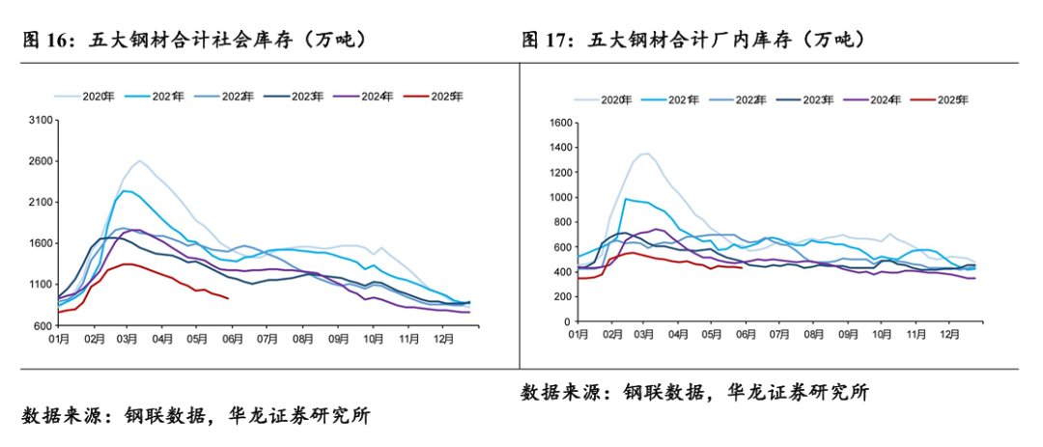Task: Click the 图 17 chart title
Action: point(692,40)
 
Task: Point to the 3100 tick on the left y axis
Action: point(42,120)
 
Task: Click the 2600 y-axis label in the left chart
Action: point(42,161)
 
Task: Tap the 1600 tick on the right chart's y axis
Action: point(561,123)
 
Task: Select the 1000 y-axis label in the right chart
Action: point(561,197)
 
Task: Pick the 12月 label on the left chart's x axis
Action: point(445,341)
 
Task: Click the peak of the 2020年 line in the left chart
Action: point(139,160)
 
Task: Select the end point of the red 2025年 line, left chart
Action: point(228,298)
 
